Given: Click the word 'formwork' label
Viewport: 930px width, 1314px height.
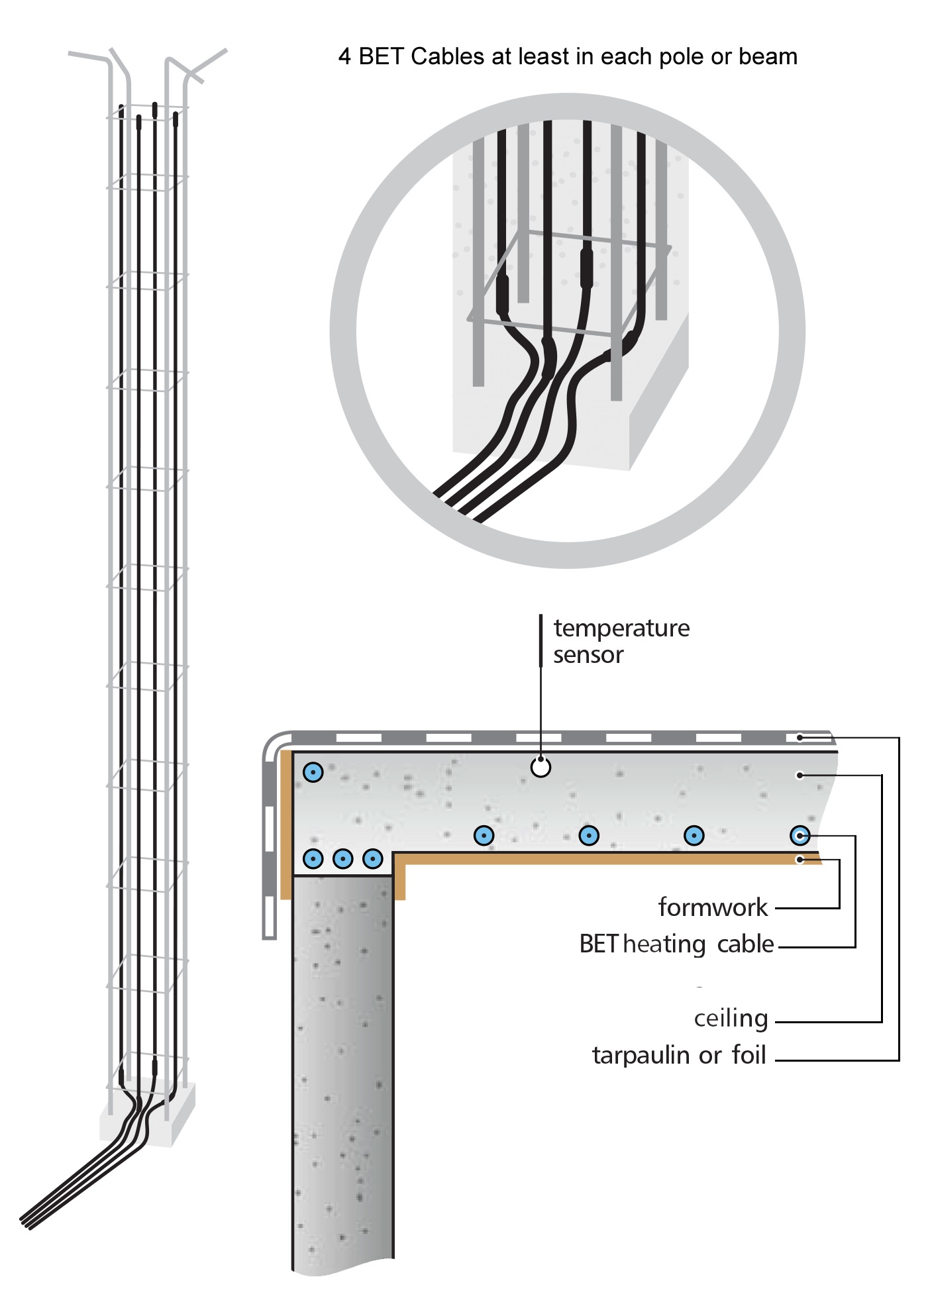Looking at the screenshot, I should pyautogui.click(x=712, y=907).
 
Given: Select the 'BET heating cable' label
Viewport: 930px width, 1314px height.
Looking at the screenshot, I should pyautogui.click(x=676, y=944).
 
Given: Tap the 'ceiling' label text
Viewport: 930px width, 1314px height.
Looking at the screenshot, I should pyautogui.click(x=731, y=1018).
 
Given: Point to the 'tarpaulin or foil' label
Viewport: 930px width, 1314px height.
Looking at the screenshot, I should pyautogui.click(x=679, y=1055).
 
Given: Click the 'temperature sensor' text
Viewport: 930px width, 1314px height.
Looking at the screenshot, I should pyautogui.click(x=621, y=641).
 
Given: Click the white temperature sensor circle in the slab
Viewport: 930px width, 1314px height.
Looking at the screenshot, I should pyautogui.click(x=541, y=767).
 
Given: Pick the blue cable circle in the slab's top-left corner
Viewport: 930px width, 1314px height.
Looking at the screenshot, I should pyautogui.click(x=313, y=772).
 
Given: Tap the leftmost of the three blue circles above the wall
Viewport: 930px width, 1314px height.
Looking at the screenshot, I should pyautogui.click(x=313, y=859).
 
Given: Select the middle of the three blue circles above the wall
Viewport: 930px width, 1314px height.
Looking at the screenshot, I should pyautogui.click(x=342, y=859).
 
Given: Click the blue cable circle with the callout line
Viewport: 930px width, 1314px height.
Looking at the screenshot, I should pyautogui.click(x=800, y=836).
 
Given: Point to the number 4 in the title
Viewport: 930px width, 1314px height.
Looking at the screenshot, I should pyautogui.click(x=344, y=57).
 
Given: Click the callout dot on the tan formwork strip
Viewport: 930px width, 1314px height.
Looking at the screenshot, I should pyautogui.click(x=800, y=860).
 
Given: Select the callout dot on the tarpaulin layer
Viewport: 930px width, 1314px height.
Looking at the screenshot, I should pyautogui.click(x=800, y=737).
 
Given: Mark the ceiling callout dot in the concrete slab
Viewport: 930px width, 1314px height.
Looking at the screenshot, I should pyautogui.click(x=800, y=775).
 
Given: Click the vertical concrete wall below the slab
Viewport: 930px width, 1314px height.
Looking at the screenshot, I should pyautogui.click(x=342, y=1073).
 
